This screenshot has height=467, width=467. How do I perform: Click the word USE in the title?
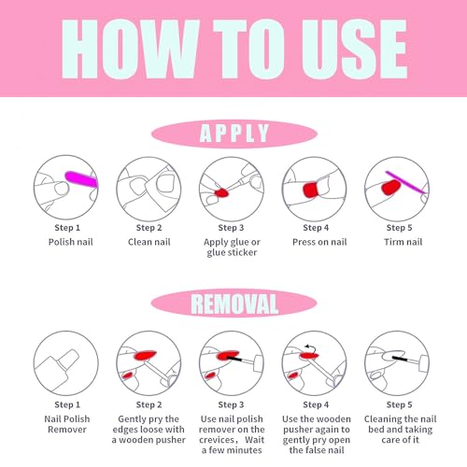[x=354, y=49]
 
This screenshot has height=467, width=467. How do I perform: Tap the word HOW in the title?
[x=130, y=49]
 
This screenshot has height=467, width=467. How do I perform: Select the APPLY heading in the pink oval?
[x=233, y=134]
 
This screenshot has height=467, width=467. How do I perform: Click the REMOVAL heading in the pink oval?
[x=234, y=304]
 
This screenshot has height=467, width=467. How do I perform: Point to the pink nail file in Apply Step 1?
[x=81, y=179]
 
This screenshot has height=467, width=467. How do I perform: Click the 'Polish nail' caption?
[x=71, y=242]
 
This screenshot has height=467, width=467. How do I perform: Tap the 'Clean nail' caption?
[x=149, y=242]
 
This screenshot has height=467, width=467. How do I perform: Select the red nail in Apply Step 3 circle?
[x=221, y=192]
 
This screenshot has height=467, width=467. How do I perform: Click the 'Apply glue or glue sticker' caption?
[x=232, y=248]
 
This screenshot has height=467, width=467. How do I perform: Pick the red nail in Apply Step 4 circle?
[x=310, y=191]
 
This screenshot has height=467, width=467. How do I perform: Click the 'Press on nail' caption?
[x=319, y=242]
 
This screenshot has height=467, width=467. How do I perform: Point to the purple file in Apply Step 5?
[x=406, y=182]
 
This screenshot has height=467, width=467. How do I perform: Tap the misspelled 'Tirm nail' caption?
[x=403, y=242]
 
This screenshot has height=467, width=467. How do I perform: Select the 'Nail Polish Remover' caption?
[x=67, y=424]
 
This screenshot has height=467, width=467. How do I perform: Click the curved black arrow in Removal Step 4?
[x=311, y=347]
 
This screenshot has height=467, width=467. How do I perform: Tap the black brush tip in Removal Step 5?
[x=400, y=359]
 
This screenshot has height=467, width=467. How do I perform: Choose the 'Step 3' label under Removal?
[x=231, y=404]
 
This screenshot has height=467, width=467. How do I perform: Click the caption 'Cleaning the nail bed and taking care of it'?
[x=401, y=430]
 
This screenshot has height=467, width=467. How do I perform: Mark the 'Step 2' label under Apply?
[x=149, y=228]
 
